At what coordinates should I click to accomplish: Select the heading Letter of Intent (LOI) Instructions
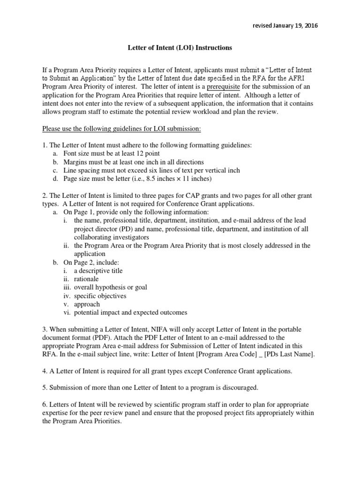pyautogui.click(x=180, y=48)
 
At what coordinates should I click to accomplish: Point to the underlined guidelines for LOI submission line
pyautogui.click(x=121, y=128)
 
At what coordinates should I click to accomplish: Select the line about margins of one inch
pyautogui.click(x=127, y=162)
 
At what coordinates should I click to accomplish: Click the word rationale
pyautogui.click(x=86, y=279)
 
